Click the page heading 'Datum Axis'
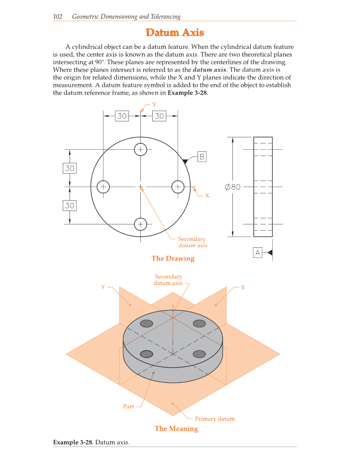(x=175, y=33)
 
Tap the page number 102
(x=58, y=17)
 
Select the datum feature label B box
(x=202, y=157)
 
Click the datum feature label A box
(x=257, y=253)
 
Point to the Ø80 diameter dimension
(x=232, y=187)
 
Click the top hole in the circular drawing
(x=140, y=149)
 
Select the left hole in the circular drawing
(x=103, y=186)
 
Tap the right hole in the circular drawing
(x=178, y=186)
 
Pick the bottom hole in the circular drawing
(x=140, y=224)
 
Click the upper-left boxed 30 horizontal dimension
(x=122, y=116)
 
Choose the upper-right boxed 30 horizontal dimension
(x=159, y=116)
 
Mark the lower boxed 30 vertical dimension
(x=70, y=206)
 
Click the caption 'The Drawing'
(x=173, y=258)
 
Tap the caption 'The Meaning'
(x=176, y=428)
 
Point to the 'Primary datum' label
(x=215, y=419)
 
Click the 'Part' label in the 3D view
(x=128, y=406)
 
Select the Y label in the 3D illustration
(x=103, y=287)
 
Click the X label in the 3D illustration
(x=243, y=287)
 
